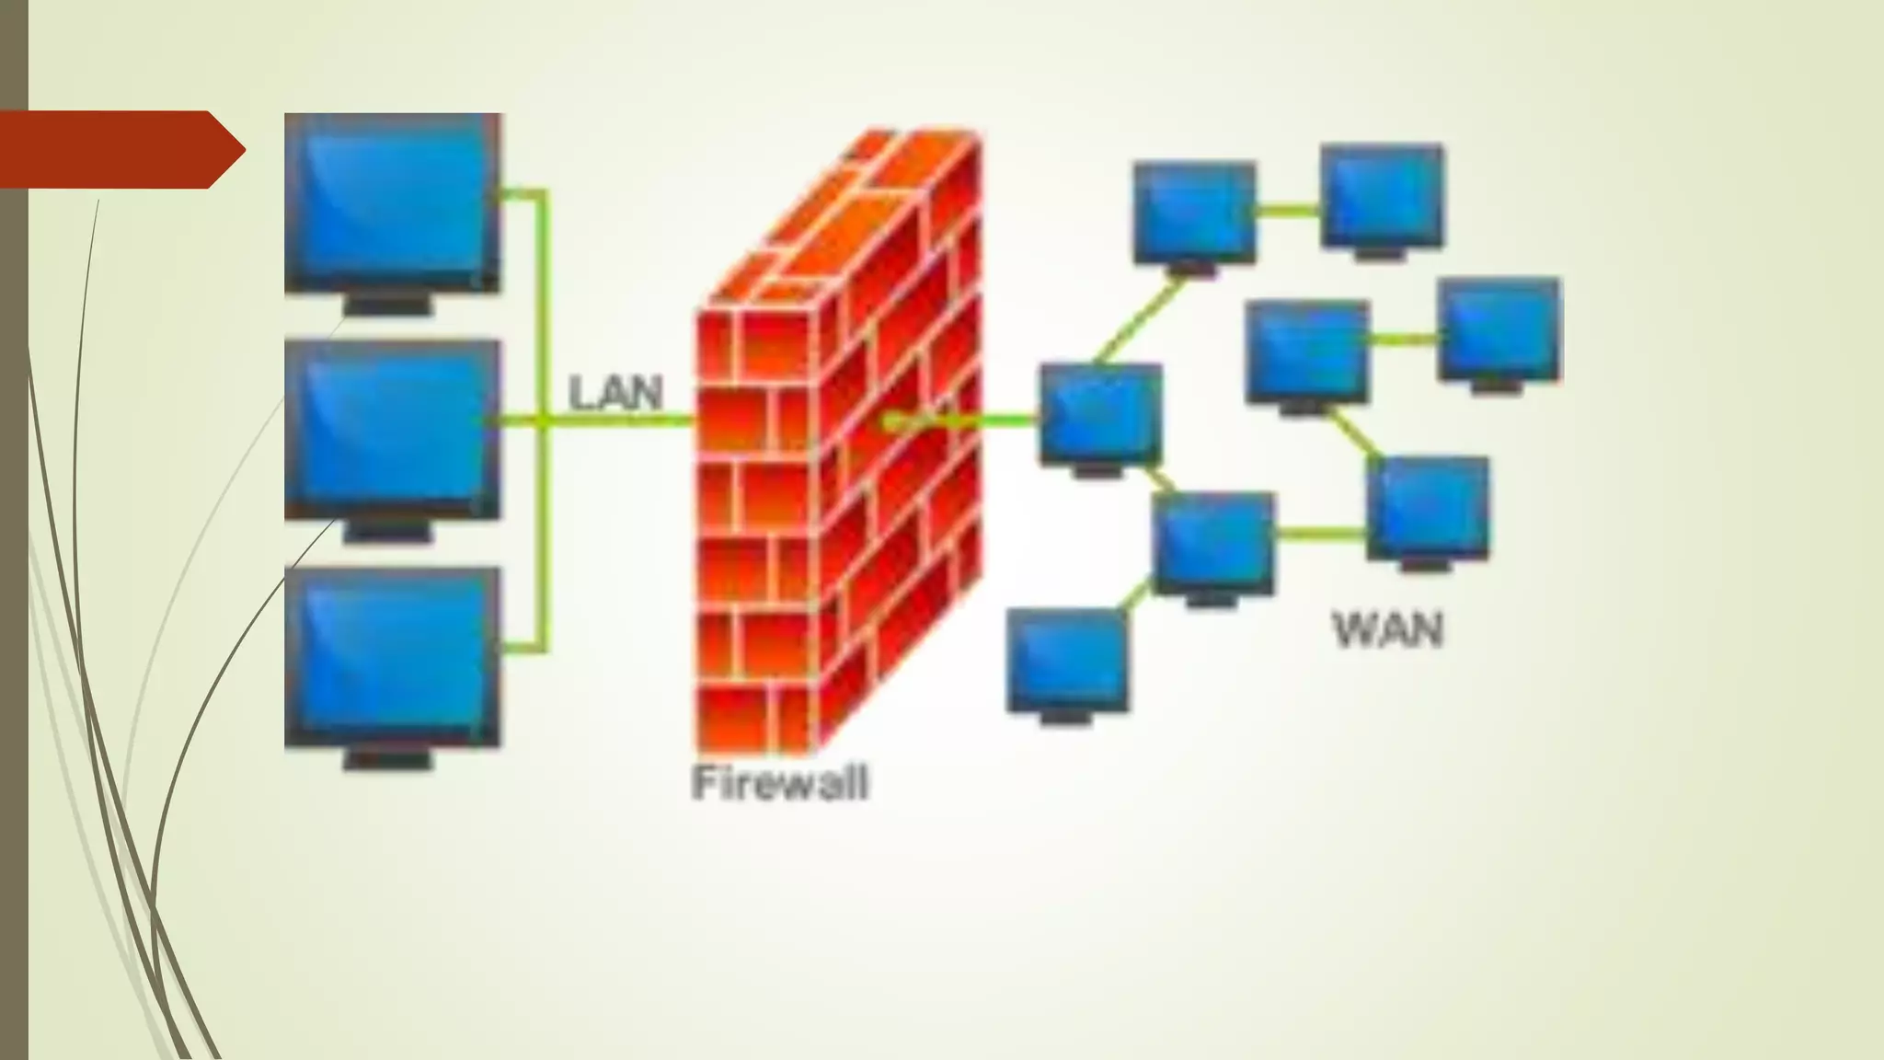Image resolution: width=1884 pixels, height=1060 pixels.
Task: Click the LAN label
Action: click(x=615, y=394)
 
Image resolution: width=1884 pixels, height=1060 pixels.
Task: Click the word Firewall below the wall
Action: click(x=779, y=783)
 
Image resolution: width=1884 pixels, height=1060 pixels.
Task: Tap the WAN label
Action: click(x=1388, y=630)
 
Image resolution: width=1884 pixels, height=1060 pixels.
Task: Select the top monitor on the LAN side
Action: click(x=393, y=202)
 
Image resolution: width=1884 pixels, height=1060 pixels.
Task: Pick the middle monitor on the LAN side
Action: click(x=393, y=429)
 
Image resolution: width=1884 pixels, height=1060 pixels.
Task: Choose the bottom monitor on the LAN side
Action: click(x=393, y=655)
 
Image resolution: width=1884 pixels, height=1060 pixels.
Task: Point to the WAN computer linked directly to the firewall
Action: click(x=1101, y=414)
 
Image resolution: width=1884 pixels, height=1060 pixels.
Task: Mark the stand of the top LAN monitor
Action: click(x=388, y=305)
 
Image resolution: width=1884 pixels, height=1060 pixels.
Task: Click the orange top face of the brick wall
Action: click(x=828, y=221)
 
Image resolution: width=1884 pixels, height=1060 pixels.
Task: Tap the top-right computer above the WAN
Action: click(x=1383, y=195)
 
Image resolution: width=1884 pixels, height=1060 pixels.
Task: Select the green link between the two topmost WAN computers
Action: click(x=1288, y=210)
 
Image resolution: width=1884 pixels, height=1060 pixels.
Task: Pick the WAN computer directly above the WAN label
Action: click(x=1428, y=508)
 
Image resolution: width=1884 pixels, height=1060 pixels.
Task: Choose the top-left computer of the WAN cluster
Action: click(x=1194, y=213)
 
